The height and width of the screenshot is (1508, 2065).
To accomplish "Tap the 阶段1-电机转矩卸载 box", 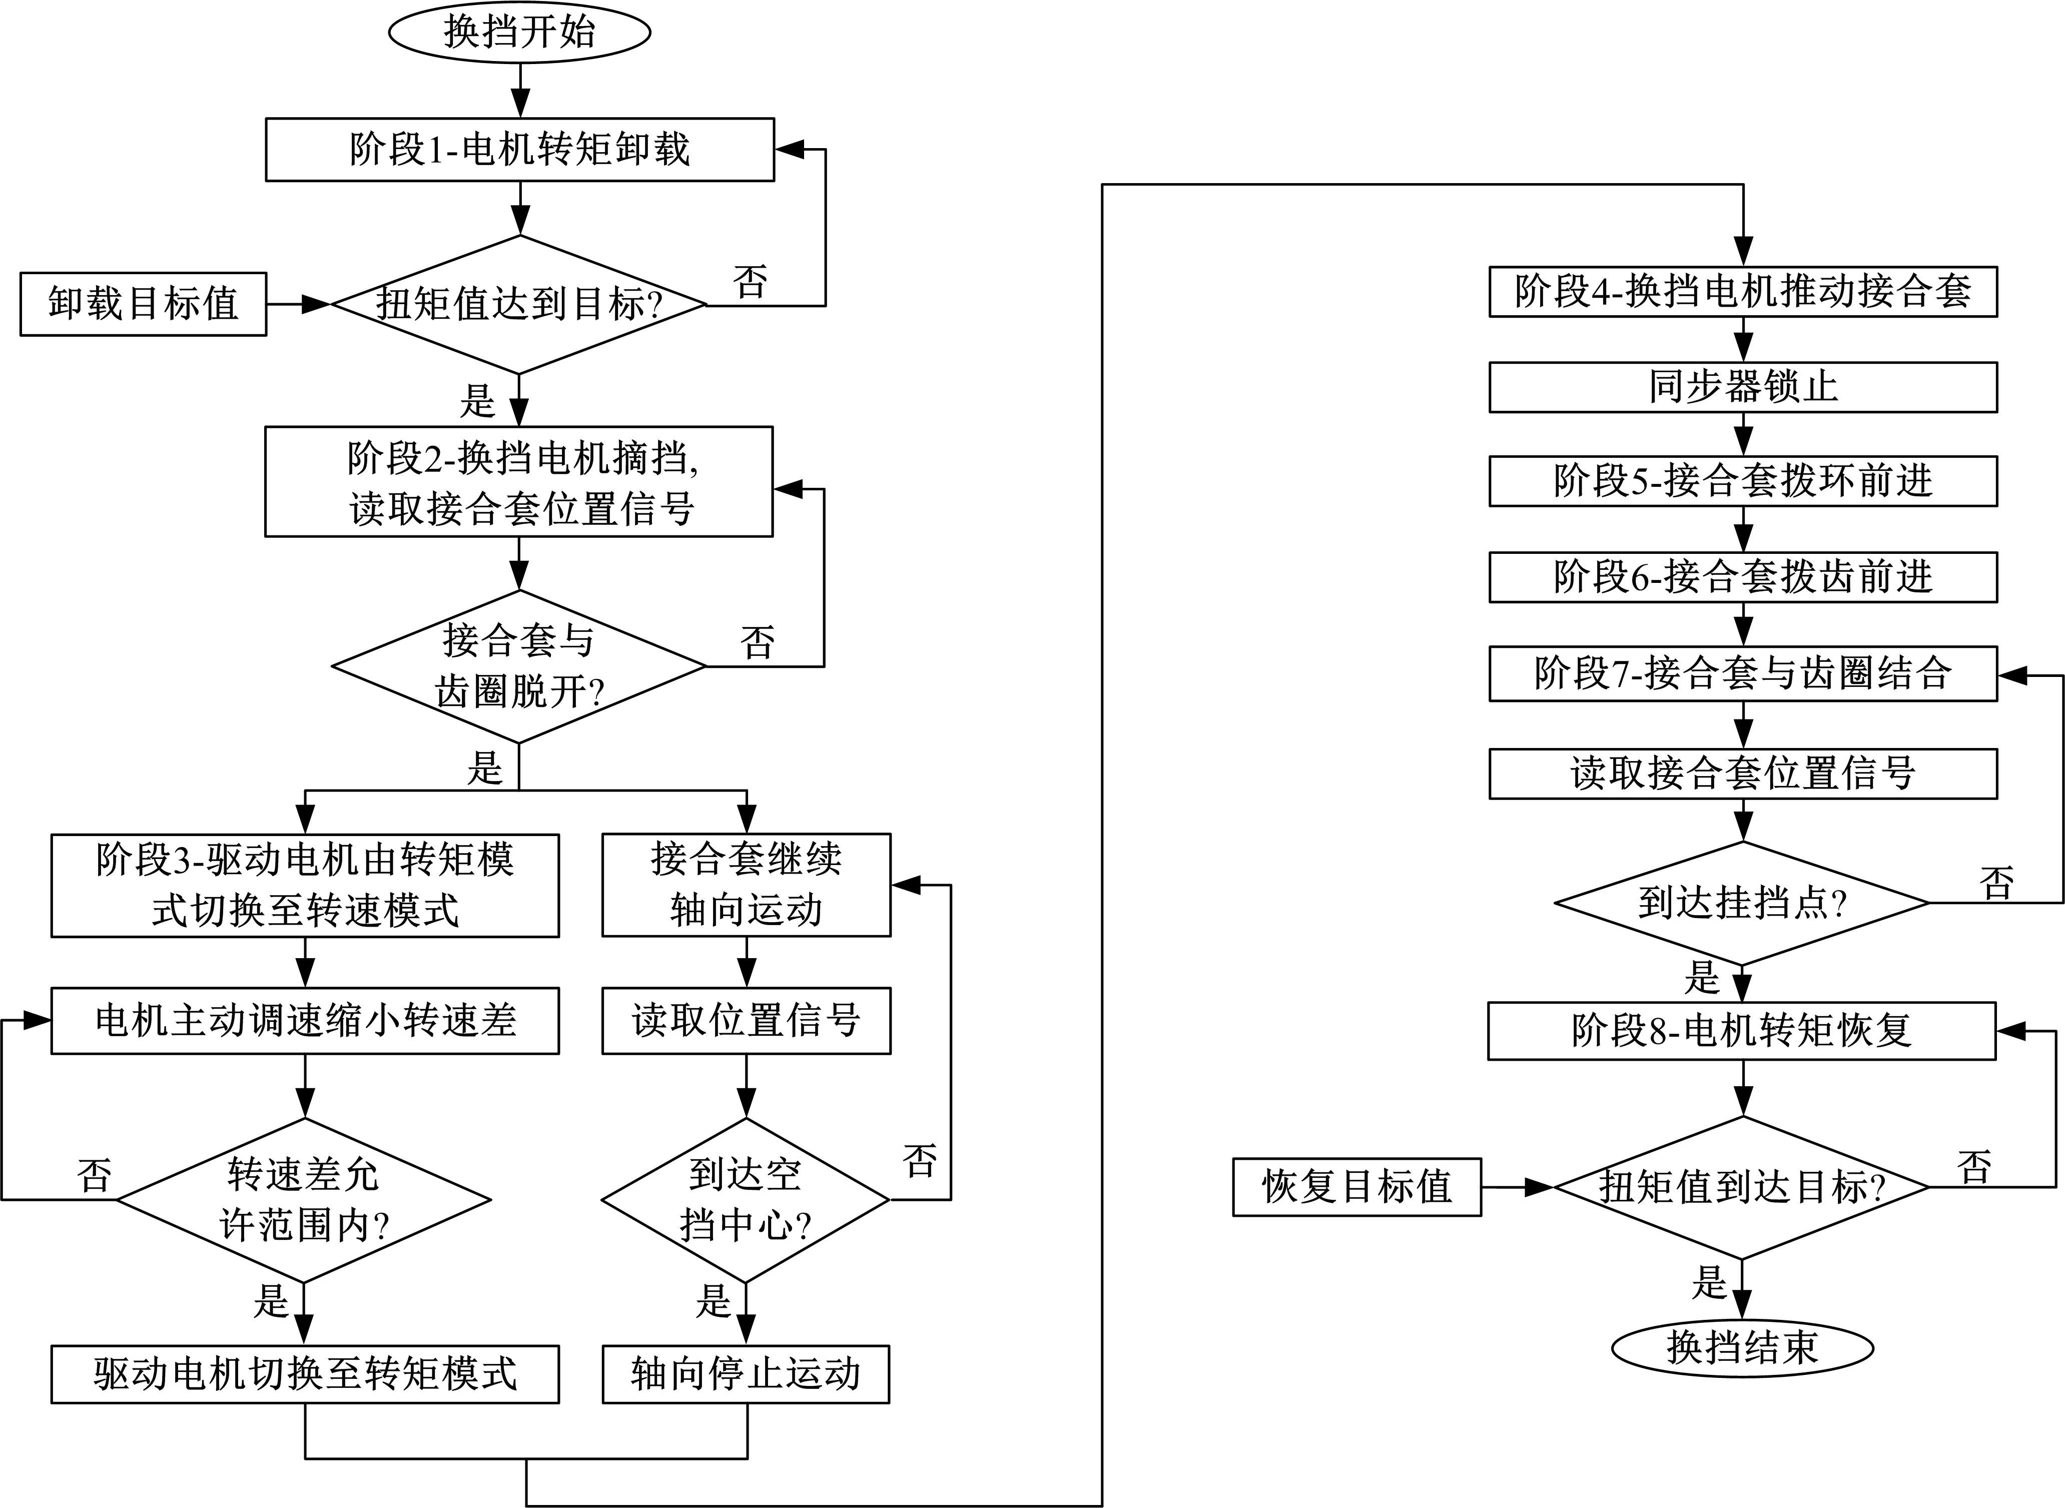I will pos(519,150).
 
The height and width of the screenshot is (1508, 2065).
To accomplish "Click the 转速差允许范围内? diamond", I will pos(304,1199).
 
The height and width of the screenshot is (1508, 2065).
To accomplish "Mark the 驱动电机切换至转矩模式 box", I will pos(305,1373).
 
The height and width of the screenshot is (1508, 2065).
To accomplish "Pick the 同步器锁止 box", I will pos(1742,387).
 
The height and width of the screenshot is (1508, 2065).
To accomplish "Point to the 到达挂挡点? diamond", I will pos(1742,903).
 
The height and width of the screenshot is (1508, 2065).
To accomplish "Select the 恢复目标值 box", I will pos(1356,1187).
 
